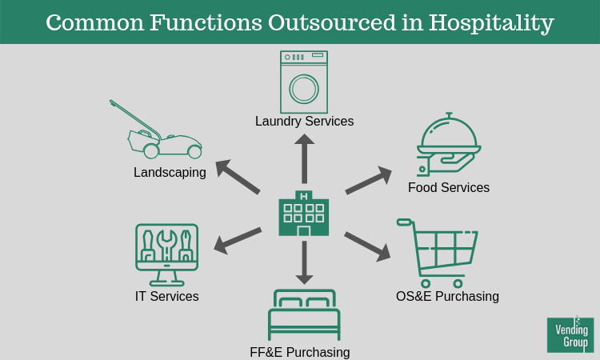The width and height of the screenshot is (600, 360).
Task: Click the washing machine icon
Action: tap(304, 82)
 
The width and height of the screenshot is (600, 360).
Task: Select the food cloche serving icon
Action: tap(449, 145)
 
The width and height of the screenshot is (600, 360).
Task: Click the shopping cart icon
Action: tap(438, 253)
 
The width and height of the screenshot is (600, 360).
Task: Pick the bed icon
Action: tap(304, 315)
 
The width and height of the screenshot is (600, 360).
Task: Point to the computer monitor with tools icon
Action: tap(167, 254)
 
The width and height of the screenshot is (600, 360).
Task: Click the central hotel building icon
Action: tap(304, 213)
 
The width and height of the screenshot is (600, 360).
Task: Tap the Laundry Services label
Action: tap(304, 122)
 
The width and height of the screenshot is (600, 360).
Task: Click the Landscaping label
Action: tap(170, 173)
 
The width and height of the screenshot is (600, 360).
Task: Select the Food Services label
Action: tap(449, 187)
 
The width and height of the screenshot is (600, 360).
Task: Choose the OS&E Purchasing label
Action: tap(447, 296)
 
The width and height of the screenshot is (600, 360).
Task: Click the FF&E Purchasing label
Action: tap(300, 352)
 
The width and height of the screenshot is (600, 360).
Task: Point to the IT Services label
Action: tap(167, 296)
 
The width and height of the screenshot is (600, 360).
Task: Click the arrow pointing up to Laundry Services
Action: tap(304, 158)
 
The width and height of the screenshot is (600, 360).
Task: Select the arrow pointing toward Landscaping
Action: tap(238, 176)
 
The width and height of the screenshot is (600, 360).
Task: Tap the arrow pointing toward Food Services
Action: tap(369, 180)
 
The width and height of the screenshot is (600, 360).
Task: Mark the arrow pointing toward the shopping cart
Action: tap(367, 246)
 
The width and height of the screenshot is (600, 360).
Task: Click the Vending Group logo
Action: tap(570, 334)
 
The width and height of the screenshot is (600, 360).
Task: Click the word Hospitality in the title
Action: tap(491, 22)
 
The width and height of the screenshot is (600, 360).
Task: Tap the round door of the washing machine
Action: tap(304, 89)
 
